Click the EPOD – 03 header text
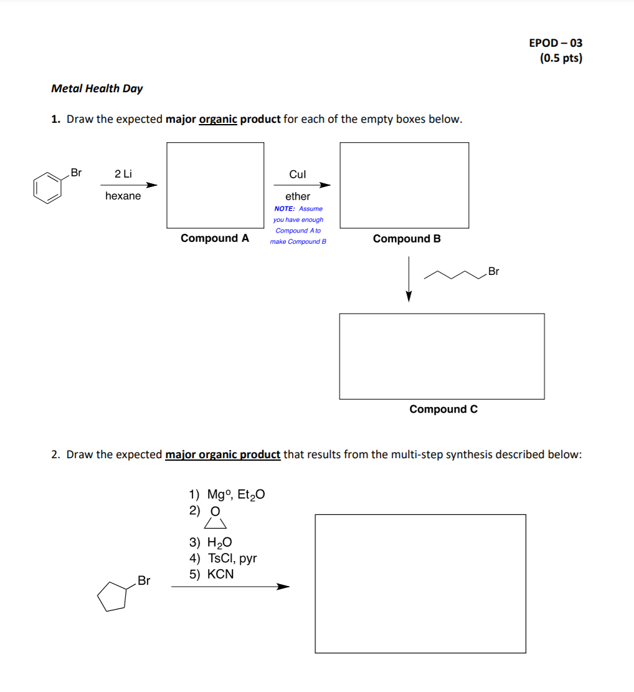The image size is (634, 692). click(x=556, y=43)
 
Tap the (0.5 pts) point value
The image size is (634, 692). click(x=561, y=59)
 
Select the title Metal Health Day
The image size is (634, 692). click(x=97, y=89)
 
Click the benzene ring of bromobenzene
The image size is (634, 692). click(x=47, y=188)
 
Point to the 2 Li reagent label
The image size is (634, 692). click(x=123, y=174)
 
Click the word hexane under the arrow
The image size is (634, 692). click(x=123, y=196)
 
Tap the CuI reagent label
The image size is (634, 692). click(x=298, y=175)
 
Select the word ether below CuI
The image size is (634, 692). click(x=298, y=196)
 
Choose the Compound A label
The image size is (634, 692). click(x=215, y=238)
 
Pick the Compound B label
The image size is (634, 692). click(x=407, y=239)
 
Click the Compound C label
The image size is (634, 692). click(x=443, y=409)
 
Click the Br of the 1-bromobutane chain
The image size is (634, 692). click(x=493, y=271)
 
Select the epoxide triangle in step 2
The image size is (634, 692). click(x=215, y=522)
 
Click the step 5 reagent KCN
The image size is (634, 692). click(x=220, y=574)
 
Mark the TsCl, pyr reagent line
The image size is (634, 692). click(x=232, y=559)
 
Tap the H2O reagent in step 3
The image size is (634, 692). click(x=220, y=543)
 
